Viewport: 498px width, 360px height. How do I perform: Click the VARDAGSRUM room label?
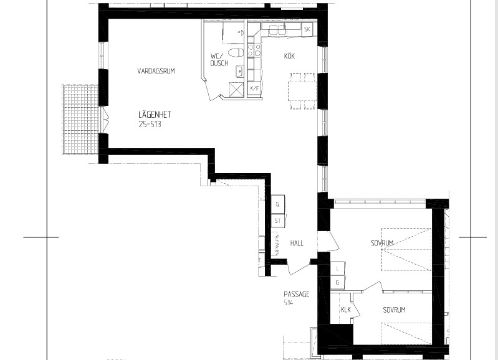tap(156, 71)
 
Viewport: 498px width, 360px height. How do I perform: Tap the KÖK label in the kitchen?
tap(289, 56)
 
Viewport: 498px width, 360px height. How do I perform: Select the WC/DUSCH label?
tap(219, 60)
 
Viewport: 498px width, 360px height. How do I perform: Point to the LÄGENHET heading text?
tap(155, 114)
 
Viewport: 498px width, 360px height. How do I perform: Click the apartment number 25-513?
tap(150, 124)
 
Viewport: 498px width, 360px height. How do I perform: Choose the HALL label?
tap(297, 244)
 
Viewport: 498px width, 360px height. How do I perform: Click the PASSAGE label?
tap(296, 294)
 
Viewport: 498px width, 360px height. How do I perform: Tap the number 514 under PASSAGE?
tap(288, 303)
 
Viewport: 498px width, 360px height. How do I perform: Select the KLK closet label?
tap(345, 310)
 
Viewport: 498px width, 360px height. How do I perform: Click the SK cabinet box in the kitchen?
tap(307, 29)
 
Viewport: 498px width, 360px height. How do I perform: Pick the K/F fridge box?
tap(254, 88)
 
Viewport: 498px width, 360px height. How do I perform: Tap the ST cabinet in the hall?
tap(278, 221)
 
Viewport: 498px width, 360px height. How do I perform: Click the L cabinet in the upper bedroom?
tap(337, 268)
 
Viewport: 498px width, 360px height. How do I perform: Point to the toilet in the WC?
tap(236, 53)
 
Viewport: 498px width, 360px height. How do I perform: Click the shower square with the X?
tap(236, 88)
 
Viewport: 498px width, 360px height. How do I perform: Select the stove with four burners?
tap(254, 50)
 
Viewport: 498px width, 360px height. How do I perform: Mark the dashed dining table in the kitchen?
tap(302, 91)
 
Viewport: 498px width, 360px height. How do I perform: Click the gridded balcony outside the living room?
tap(80, 120)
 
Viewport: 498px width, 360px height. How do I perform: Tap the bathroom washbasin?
tap(239, 72)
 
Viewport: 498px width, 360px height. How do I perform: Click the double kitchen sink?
tap(277, 30)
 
